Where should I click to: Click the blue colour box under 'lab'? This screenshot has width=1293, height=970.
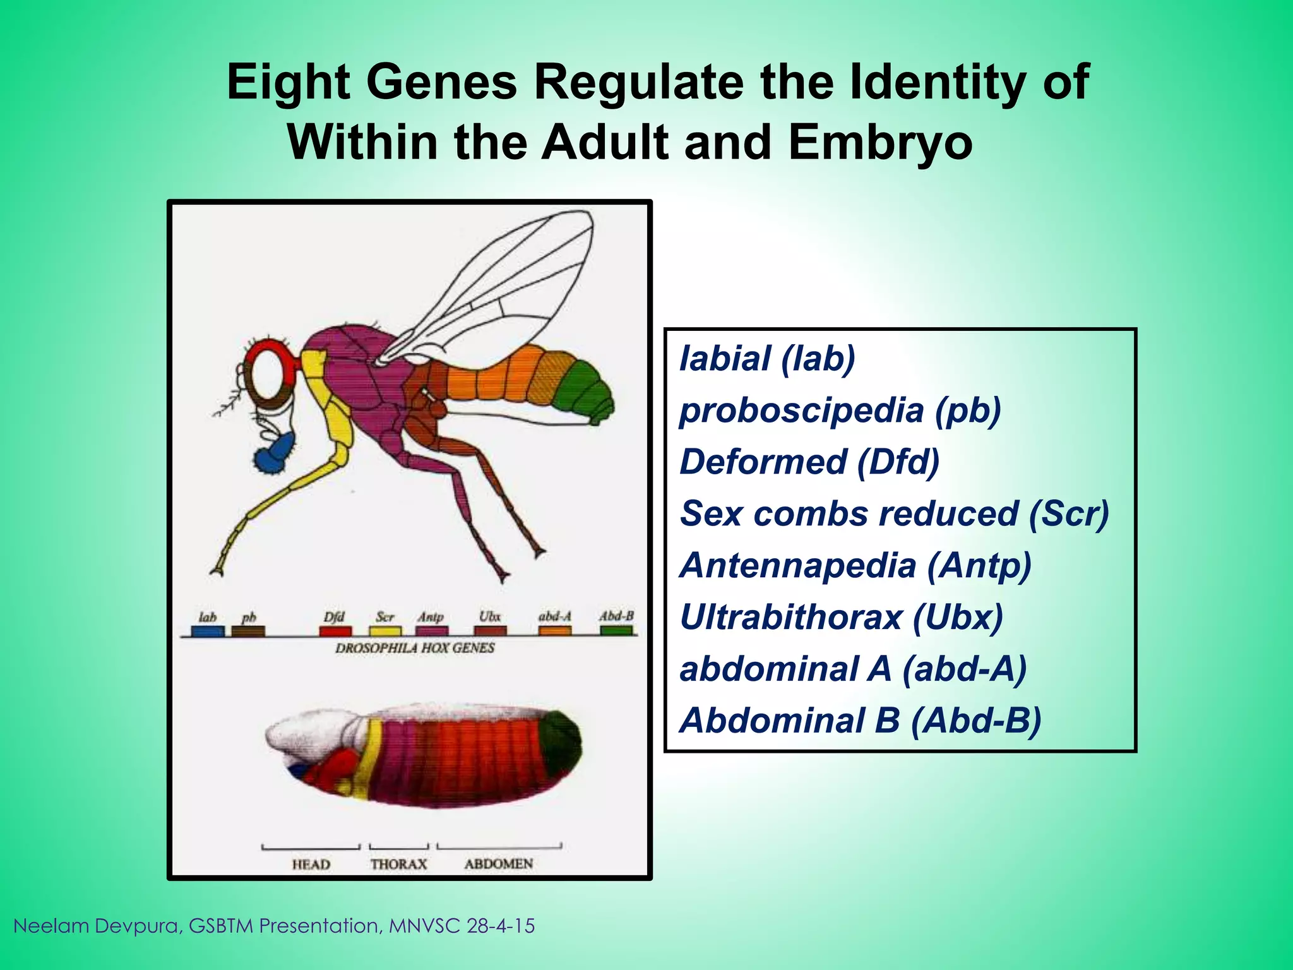208,630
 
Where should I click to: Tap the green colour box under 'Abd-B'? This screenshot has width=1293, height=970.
616,630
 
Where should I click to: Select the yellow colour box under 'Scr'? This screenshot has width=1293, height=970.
385,630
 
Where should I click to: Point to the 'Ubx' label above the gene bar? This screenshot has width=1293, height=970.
489,616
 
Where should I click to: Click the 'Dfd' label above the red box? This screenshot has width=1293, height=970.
334,616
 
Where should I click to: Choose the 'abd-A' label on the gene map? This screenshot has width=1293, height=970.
555,616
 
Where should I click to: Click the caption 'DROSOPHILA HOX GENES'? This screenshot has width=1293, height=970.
415,648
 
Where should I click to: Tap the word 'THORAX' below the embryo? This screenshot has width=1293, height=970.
398,864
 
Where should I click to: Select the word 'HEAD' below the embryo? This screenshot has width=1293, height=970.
311,864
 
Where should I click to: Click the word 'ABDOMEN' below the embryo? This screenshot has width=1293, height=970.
499,863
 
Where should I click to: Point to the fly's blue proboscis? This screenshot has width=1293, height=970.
276,454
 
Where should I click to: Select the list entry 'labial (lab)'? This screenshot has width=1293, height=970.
767,359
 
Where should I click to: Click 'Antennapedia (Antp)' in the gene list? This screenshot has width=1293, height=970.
855,565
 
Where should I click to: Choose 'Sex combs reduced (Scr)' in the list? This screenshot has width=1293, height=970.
894,513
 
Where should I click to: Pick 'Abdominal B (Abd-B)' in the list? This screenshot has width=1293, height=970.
860,721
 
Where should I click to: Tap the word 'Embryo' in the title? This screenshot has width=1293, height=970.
879,142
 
